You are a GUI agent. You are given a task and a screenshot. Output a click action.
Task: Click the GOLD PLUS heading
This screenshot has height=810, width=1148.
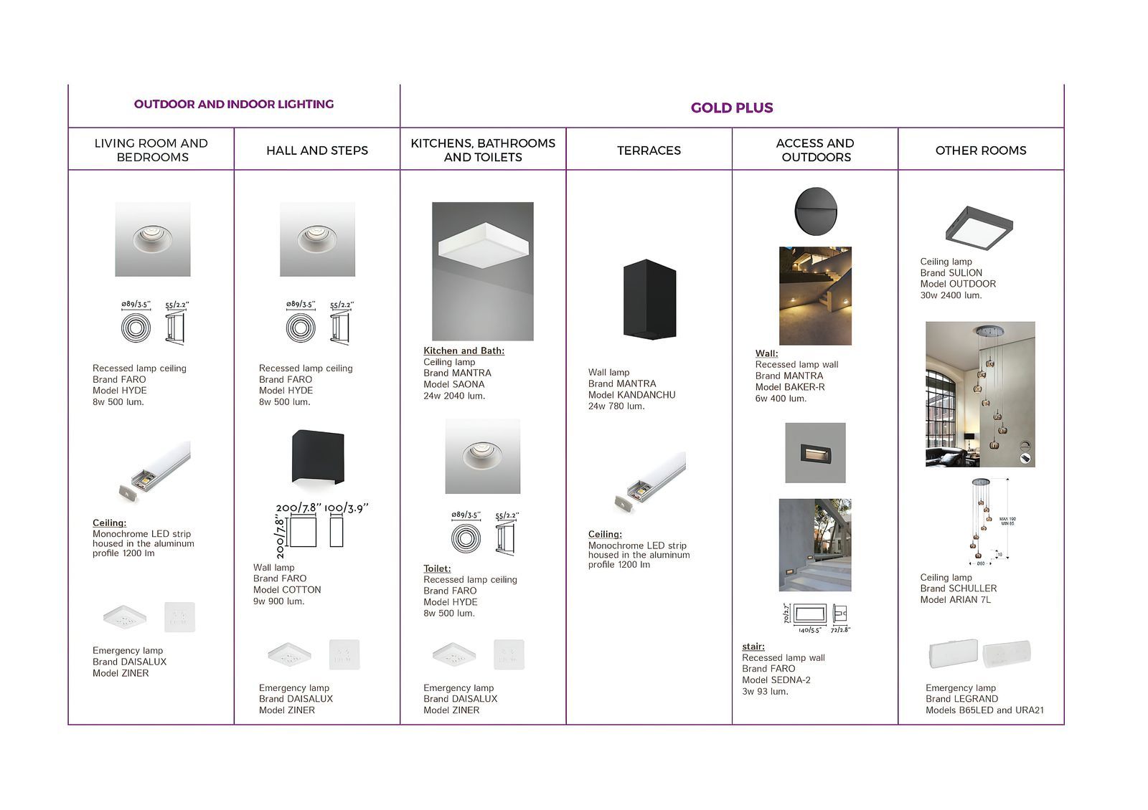coord(731,108)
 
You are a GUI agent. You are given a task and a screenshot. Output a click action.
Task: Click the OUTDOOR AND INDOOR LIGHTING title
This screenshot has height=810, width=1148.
coord(234,104)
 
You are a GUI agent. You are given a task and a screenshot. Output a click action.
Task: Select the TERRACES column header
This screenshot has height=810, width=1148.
coord(649,151)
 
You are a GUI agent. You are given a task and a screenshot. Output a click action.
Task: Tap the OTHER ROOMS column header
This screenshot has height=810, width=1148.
coord(980,151)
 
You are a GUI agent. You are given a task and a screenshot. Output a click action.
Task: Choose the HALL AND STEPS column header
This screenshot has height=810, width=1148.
coord(316,151)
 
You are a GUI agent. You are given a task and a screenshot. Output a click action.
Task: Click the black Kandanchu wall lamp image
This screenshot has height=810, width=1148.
coord(649,299)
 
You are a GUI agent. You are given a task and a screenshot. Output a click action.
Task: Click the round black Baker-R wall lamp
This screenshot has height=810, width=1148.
coord(815,210)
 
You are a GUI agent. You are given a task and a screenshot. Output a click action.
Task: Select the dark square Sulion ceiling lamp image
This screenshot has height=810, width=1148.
coord(979,227)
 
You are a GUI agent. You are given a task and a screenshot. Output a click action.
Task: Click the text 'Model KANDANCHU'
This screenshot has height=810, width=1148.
coord(631,395)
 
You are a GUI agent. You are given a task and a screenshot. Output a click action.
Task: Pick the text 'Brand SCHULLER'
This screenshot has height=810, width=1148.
coord(958,589)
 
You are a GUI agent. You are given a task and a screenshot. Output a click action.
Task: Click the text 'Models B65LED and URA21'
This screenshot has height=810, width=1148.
coord(984,710)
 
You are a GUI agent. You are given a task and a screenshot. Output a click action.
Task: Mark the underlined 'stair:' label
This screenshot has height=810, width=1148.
coord(753,647)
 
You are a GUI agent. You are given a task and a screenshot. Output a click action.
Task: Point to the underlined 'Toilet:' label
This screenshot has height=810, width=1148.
coord(437,568)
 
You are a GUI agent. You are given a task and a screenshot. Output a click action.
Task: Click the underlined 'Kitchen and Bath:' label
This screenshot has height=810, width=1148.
coord(464,351)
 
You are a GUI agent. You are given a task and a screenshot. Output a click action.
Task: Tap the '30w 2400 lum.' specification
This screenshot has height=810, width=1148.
coord(951,295)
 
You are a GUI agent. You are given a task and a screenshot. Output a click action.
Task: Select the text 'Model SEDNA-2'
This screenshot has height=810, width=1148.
coord(776,680)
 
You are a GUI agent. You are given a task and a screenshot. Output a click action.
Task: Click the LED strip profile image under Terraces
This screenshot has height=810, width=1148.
coord(650,482)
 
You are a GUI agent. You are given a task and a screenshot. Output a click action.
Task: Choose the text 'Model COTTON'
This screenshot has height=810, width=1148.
coord(287,590)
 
